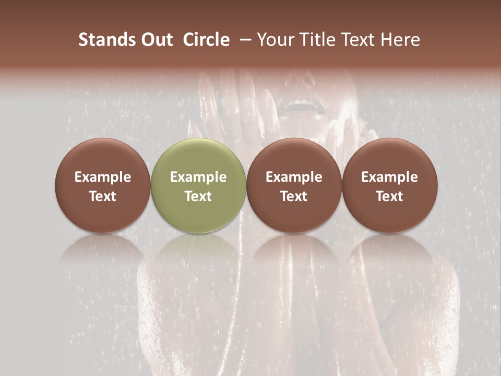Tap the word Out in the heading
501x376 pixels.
156,40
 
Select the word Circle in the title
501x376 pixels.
206,40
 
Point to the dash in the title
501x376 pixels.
243,40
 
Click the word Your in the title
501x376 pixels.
275,40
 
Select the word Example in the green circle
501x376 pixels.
198,177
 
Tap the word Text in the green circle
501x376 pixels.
198,196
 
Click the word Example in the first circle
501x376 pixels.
103,177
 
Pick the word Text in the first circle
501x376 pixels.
103,196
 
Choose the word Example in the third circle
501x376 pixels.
294,177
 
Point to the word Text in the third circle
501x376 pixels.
294,196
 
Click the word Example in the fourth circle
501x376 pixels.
389,177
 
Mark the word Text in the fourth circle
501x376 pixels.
389,196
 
